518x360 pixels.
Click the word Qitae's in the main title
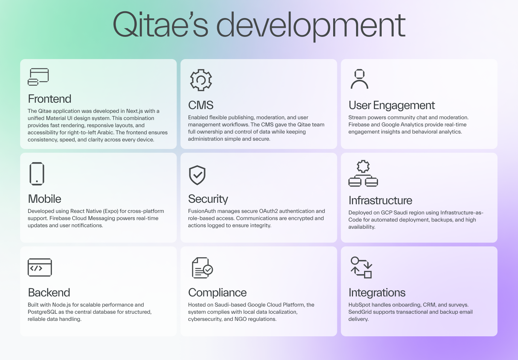[160, 24]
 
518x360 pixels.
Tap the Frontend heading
[49, 99]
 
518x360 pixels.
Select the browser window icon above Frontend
[38, 77]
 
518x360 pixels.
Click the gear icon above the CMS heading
[201, 80]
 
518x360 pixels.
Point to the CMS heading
[201, 105]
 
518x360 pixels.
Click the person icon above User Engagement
[360, 79]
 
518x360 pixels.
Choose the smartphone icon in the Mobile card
[37, 174]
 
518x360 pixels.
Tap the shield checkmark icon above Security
[197, 175]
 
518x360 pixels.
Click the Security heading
[208, 199]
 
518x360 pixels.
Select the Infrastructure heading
[380, 201]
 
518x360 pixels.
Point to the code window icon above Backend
[40, 267]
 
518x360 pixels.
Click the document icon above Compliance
[203, 268]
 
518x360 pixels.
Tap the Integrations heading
[377, 293]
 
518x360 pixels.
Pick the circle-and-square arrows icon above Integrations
[361, 267]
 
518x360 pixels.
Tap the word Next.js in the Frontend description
[135, 111]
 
